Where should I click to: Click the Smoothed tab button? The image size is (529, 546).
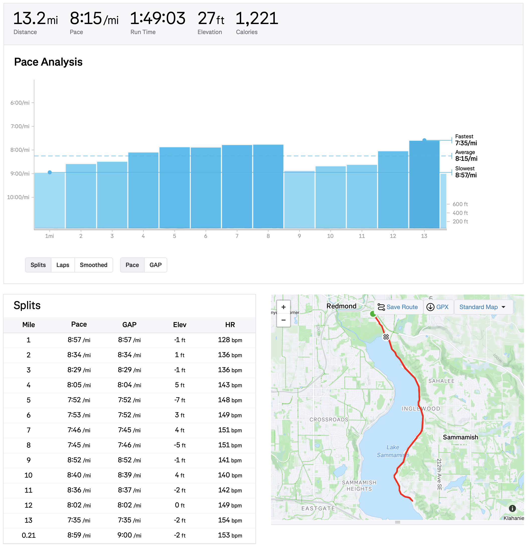tap(94, 265)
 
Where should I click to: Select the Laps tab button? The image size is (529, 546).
tap(63, 265)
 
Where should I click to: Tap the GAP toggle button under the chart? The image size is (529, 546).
tap(155, 265)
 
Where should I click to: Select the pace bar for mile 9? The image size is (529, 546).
tap(299, 199)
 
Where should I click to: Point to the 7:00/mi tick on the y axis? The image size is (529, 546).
tap(20, 126)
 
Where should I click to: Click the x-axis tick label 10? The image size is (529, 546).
tap(330, 236)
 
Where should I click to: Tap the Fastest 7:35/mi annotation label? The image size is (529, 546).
tap(466, 140)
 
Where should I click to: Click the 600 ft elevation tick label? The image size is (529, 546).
tap(460, 204)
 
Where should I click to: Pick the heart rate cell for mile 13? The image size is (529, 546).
tap(230, 520)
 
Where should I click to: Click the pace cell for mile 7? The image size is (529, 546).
tap(79, 430)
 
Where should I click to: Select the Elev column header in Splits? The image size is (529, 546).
tap(180, 325)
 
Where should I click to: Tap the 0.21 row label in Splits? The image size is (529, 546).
tap(28, 535)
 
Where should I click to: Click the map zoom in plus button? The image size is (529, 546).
tap(283, 307)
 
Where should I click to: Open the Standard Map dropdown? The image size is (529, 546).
tap(482, 307)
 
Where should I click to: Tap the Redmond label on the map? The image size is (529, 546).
tap(341, 306)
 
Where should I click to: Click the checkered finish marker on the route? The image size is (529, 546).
tap(386, 337)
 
